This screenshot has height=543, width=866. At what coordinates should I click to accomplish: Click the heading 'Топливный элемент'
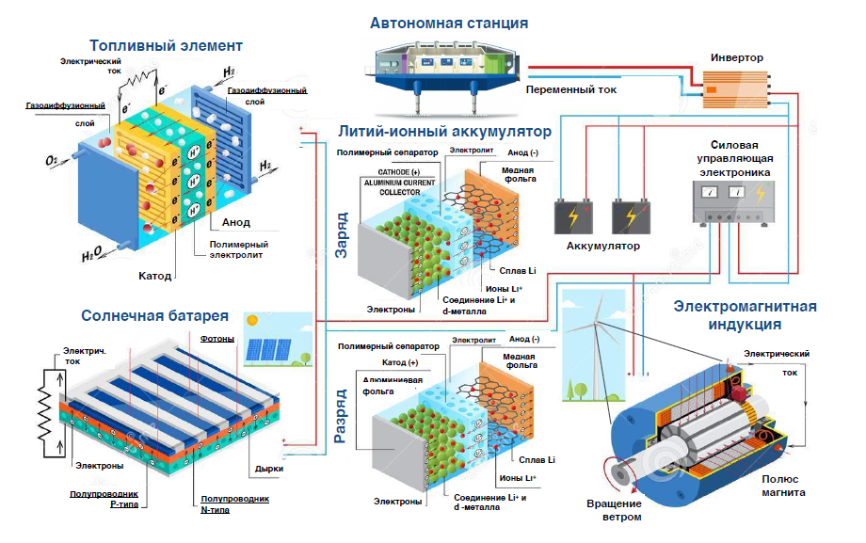pyautogui.click(x=167, y=45)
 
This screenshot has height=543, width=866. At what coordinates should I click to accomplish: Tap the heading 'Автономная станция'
pyautogui.click(x=448, y=23)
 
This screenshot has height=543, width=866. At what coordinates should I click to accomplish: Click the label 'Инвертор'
pyautogui.click(x=737, y=57)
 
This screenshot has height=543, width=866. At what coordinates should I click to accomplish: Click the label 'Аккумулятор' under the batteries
pyautogui.click(x=602, y=247)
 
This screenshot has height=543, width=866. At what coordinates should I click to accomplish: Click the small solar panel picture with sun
pyautogui.click(x=276, y=339)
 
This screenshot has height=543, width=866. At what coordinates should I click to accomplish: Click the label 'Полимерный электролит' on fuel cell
pyautogui.click(x=235, y=248)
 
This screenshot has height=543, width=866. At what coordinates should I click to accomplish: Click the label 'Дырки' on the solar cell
pyautogui.click(x=269, y=468)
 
